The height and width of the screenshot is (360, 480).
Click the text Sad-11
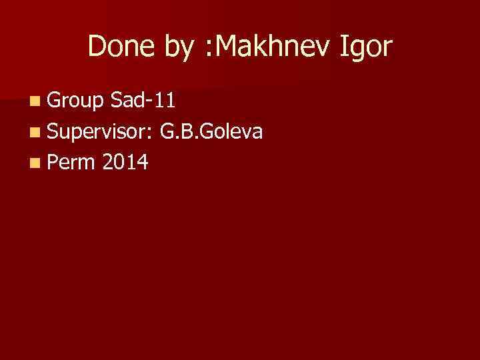pos(144,101)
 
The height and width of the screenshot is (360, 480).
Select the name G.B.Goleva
pos(211,132)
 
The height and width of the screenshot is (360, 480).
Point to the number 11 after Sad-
pos(166,101)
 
